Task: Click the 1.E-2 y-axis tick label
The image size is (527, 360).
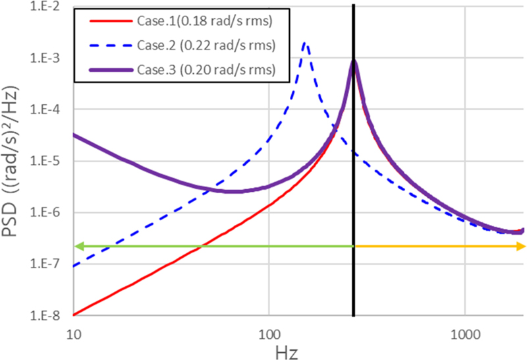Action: coord(47,7)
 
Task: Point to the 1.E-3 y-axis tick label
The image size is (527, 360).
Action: coord(47,58)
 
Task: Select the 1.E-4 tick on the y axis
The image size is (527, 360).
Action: coord(47,109)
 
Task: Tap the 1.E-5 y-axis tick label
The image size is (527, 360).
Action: coord(47,161)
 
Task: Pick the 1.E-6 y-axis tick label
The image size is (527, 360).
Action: coord(47,212)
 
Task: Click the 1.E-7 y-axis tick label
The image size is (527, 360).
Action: coord(47,264)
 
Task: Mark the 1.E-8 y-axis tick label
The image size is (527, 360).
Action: coord(47,315)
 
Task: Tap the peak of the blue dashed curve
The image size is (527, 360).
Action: coord(304,44)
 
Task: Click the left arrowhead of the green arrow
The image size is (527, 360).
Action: coord(77,246)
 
